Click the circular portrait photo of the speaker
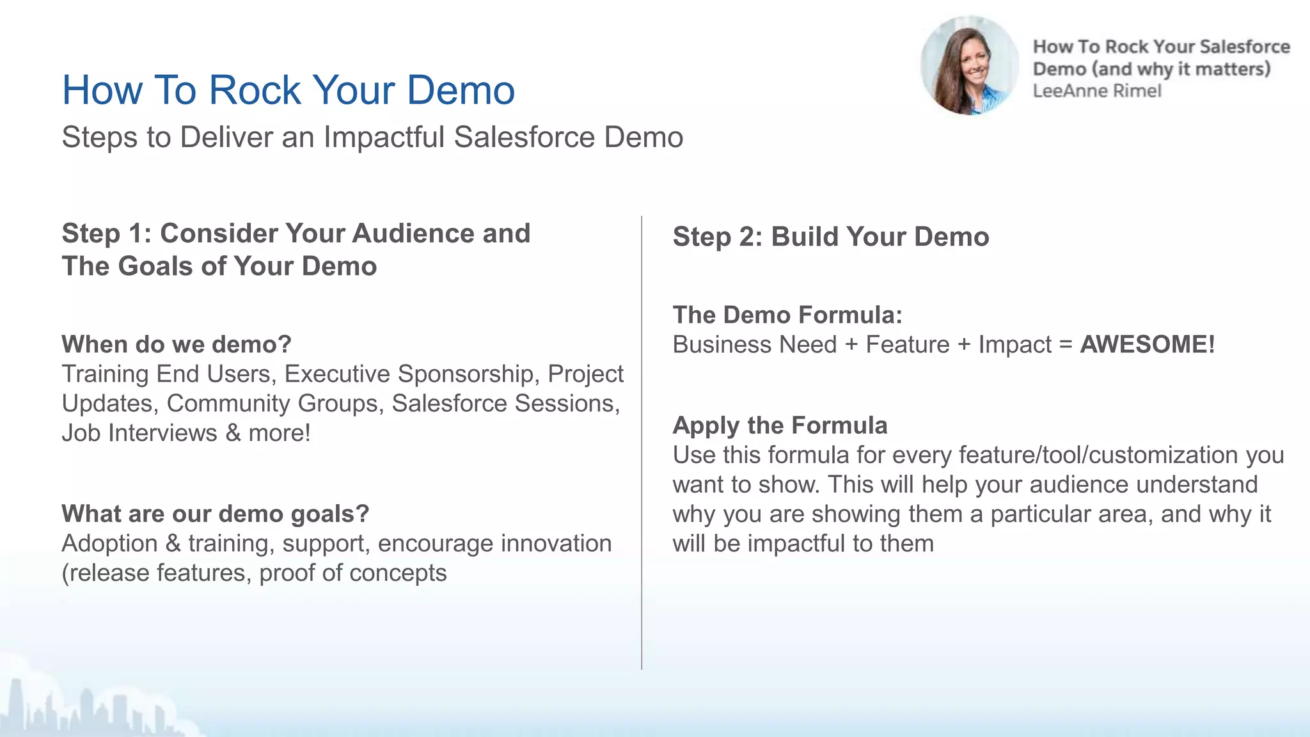[x=969, y=65]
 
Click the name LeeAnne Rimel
[x=1096, y=91]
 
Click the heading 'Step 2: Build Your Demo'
[x=830, y=237]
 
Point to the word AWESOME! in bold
[x=1147, y=344]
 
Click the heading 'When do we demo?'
[x=177, y=344]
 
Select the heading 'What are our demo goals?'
[x=216, y=514]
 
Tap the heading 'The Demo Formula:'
[x=787, y=315]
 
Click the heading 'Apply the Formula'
[x=780, y=425]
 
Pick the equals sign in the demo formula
[x=1065, y=345]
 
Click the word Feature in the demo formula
[x=907, y=344]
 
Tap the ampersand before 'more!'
[x=233, y=433]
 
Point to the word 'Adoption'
[x=109, y=543]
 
